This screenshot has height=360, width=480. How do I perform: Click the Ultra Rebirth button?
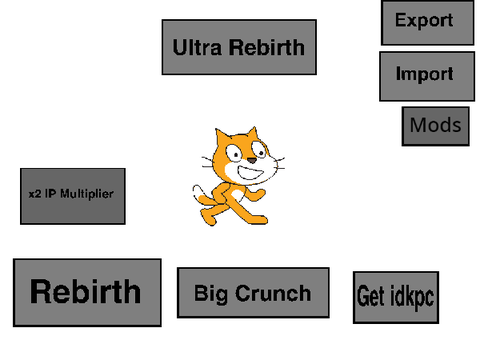point(239,47)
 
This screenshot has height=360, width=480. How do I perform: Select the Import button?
point(427,76)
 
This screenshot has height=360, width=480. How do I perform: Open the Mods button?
point(436,126)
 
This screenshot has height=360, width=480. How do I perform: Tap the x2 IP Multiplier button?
point(73,196)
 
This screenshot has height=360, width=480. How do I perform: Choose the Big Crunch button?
point(253,293)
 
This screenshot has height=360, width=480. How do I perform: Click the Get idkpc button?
point(396,297)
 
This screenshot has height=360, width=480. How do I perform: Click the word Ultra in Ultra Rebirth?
point(197,47)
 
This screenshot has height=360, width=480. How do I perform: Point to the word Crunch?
point(273,293)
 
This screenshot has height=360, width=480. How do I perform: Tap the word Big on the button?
point(211,294)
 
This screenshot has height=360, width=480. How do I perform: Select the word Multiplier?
point(87,194)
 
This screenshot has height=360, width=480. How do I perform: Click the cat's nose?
point(252,161)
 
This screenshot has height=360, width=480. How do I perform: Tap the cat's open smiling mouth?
point(250,173)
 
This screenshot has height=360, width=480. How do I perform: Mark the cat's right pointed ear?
point(252,134)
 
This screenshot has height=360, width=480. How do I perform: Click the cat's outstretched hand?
point(260,195)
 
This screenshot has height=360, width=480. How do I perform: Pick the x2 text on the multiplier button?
point(35,194)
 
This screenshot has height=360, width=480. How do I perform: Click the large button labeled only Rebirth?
point(87,293)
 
